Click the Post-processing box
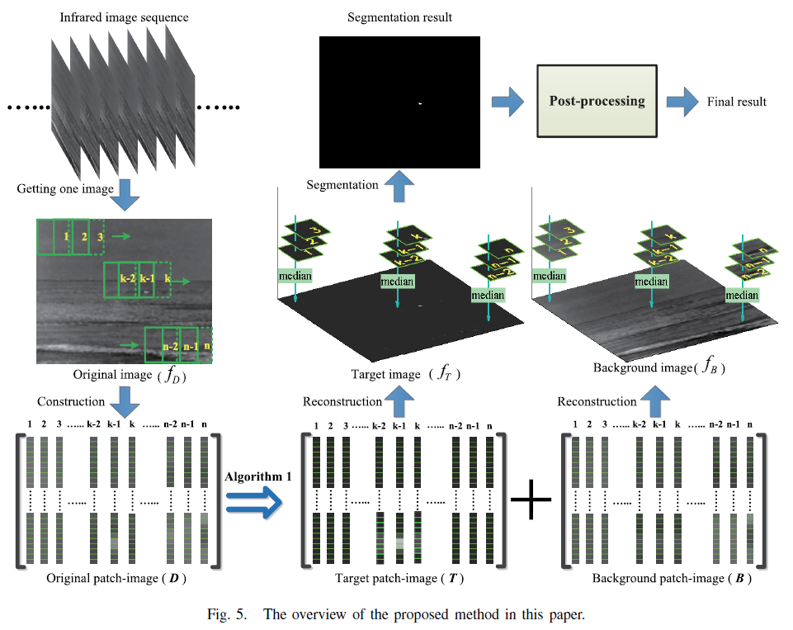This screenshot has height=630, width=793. [x=597, y=101]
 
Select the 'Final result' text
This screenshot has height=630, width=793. [x=737, y=102]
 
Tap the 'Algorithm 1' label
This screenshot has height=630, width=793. [x=257, y=476]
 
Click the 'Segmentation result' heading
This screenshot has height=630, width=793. [x=399, y=17]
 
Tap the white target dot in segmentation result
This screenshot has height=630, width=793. [x=420, y=103]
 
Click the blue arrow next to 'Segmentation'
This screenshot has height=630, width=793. [x=399, y=185]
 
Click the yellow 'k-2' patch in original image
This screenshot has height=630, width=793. [x=126, y=280]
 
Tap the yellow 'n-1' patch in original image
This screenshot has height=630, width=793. [x=190, y=346]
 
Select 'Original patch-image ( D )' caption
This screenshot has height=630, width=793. [x=116, y=578]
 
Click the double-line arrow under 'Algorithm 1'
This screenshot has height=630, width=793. [x=257, y=503]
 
